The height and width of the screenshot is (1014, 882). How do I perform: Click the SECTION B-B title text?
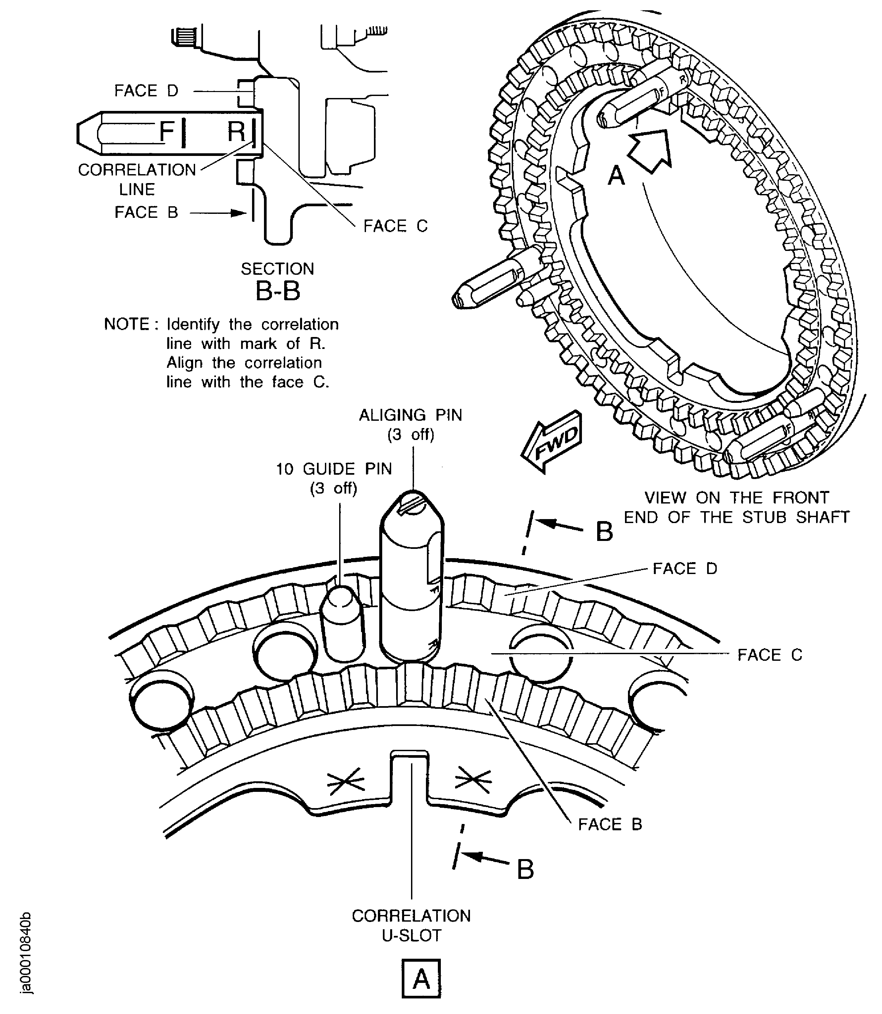click(x=278, y=282)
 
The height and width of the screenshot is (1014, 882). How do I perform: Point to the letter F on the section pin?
click(x=166, y=131)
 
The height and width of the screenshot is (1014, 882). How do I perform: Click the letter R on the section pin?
click(x=236, y=132)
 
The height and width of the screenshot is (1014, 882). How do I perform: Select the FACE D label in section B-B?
click(x=146, y=90)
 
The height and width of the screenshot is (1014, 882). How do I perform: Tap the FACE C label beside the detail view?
click(x=769, y=655)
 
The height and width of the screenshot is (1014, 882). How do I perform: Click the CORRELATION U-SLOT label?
click(x=411, y=925)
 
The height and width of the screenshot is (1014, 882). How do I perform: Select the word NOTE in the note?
click(x=127, y=324)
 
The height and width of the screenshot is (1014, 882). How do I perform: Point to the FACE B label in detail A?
click(x=610, y=824)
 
